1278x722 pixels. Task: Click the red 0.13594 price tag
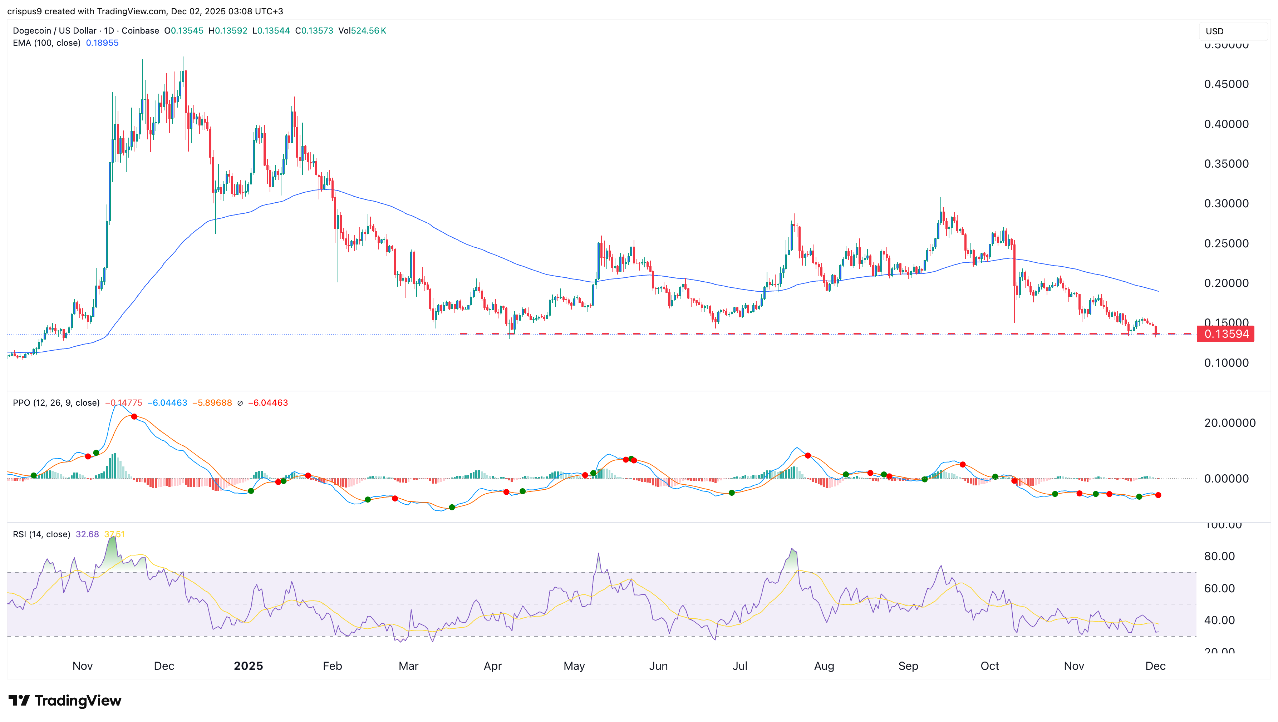pyautogui.click(x=1225, y=334)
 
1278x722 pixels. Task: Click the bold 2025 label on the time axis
pyautogui.click(x=248, y=666)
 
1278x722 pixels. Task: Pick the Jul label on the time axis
pyautogui.click(x=740, y=666)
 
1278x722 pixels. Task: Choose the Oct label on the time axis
pyautogui.click(x=989, y=666)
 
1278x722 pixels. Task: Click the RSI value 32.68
pyautogui.click(x=87, y=534)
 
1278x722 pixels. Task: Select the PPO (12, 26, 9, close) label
pyautogui.click(x=56, y=403)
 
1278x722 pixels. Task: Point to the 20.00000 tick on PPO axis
pyautogui.click(x=1229, y=423)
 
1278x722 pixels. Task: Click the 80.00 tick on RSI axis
pyautogui.click(x=1219, y=557)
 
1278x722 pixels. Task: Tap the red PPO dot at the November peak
pyautogui.click(x=134, y=416)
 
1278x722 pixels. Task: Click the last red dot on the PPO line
pyautogui.click(x=1158, y=495)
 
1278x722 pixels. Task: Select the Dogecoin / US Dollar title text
pyautogui.click(x=55, y=31)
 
